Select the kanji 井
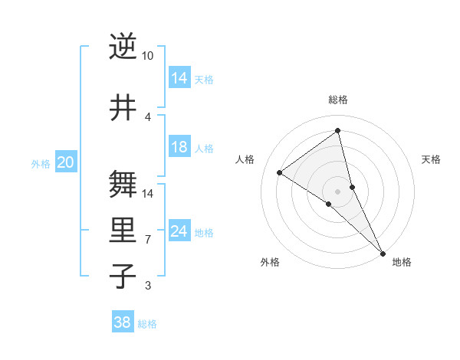click(123, 108)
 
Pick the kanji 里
click(123, 231)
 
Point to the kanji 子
click(123, 276)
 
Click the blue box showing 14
click(179, 78)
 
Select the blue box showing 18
click(179, 147)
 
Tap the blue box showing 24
click(179, 231)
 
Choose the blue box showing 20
click(66, 162)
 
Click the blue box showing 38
click(123, 322)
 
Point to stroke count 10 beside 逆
click(147, 56)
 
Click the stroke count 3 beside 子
click(148, 286)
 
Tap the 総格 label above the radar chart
click(338, 100)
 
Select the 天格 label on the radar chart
click(432, 159)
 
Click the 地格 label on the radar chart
click(402, 262)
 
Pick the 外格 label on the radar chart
click(270, 262)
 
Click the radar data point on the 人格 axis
click(280, 172)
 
